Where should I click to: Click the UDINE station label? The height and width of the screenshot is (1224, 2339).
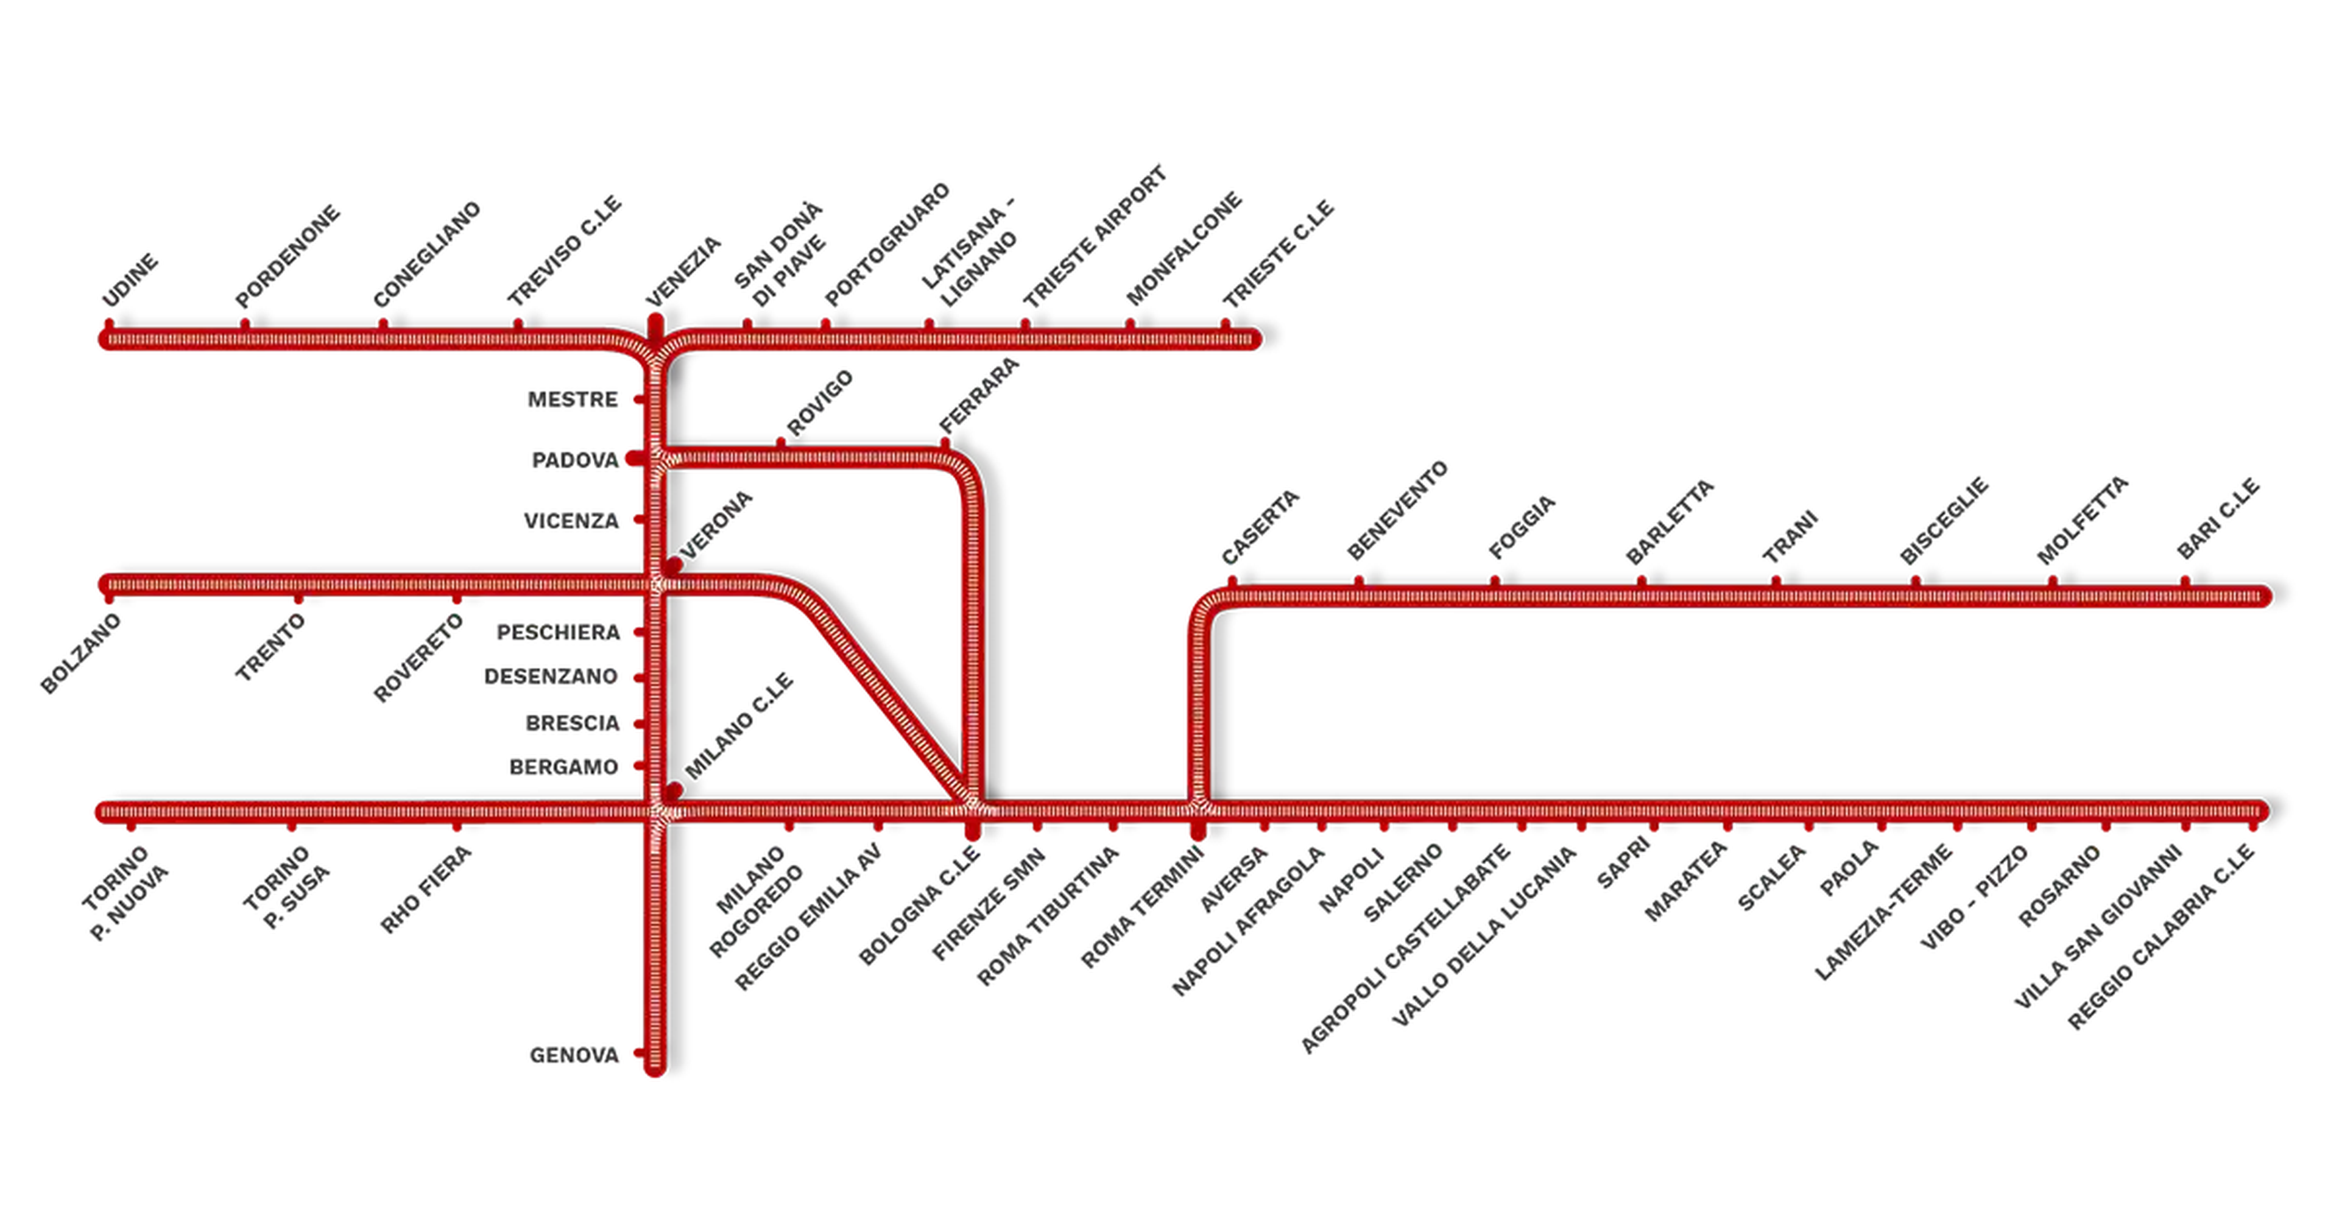pyautogui.click(x=130, y=281)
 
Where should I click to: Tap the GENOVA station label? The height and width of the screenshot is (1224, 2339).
pyautogui.click(x=574, y=1055)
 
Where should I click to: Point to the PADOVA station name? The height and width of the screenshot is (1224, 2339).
pyautogui.click(x=575, y=460)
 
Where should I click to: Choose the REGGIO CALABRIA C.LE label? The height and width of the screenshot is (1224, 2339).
pyautogui.click(x=2162, y=937)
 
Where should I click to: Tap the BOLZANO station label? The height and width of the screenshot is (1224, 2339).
pyautogui.click(x=81, y=654)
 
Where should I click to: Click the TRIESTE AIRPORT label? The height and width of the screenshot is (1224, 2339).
pyautogui.click(x=1094, y=237)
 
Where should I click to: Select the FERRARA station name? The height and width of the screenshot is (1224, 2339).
pyautogui.click(x=979, y=396)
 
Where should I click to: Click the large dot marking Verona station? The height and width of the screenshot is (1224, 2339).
pyautogui.click(x=673, y=566)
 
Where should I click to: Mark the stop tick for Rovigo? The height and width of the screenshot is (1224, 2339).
pyautogui.click(x=781, y=443)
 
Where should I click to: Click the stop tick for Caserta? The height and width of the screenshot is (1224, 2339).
pyautogui.click(x=1232, y=582)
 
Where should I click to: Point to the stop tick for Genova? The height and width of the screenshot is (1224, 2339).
pyautogui.click(x=639, y=1053)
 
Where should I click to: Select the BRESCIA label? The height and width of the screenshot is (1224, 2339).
pyautogui.click(x=572, y=723)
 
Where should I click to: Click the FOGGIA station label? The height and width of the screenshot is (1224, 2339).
pyautogui.click(x=1522, y=527)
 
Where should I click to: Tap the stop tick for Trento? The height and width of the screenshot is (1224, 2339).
pyautogui.click(x=298, y=599)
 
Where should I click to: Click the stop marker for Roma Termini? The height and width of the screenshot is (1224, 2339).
pyautogui.click(x=1199, y=831)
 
